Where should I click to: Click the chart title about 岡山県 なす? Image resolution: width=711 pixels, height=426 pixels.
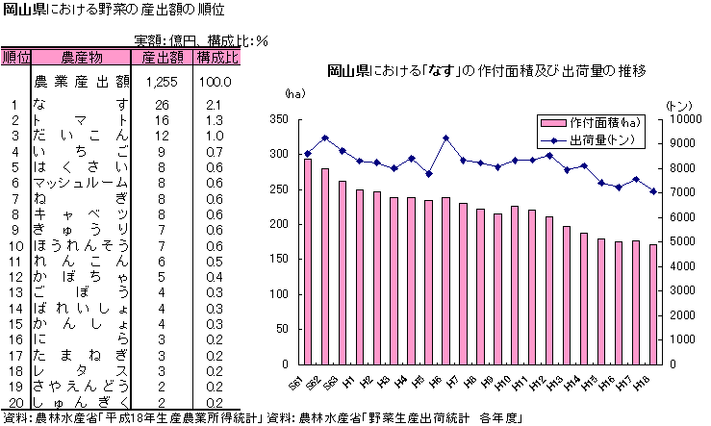(x=486, y=71)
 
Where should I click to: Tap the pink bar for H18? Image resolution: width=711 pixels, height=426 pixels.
(x=653, y=304)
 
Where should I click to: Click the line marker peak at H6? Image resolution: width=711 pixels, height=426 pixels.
(x=445, y=138)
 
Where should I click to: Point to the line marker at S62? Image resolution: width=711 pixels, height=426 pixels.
(x=325, y=138)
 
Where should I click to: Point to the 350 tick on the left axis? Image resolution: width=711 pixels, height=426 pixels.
(x=279, y=119)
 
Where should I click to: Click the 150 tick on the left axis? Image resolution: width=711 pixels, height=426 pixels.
(x=279, y=260)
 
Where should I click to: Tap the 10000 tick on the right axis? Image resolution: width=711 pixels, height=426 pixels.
(x=679, y=119)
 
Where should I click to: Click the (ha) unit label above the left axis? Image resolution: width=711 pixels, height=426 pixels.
(x=293, y=94)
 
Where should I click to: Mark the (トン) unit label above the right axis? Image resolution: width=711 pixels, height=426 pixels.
(x=679, y=104)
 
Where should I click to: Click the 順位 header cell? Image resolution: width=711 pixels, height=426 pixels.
(x=16, y=58)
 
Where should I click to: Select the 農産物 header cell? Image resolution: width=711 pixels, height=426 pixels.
(x=81, y=58)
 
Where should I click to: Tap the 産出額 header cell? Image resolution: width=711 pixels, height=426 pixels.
(x=162, y=58)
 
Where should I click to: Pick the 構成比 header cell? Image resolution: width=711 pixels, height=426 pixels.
(x=216, y=58)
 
